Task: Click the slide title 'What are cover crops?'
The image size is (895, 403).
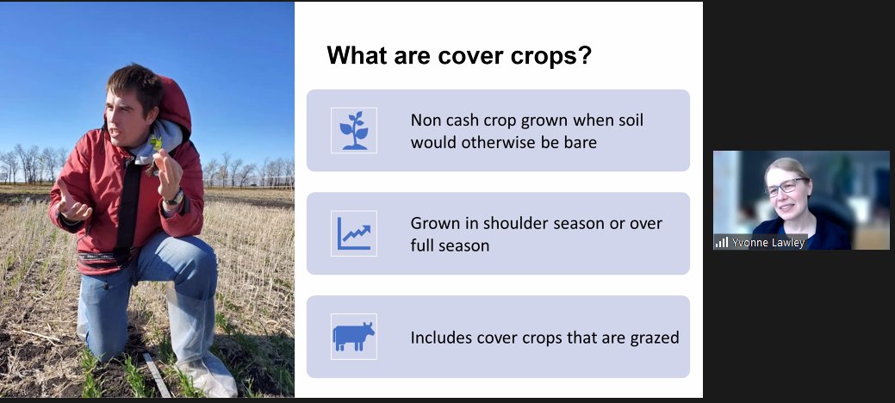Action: point(457,57)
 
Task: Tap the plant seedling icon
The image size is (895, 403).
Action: point(353,130)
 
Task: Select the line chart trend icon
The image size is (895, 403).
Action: point(353,233)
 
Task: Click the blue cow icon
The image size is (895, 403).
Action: point(353,337)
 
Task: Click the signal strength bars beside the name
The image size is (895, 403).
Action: point(721,243)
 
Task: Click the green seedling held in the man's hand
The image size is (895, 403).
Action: point(156,140)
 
